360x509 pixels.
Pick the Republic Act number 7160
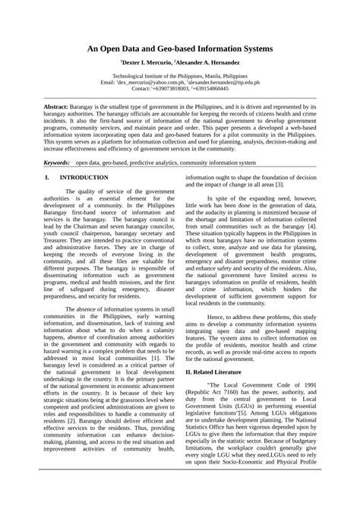[243, 393]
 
